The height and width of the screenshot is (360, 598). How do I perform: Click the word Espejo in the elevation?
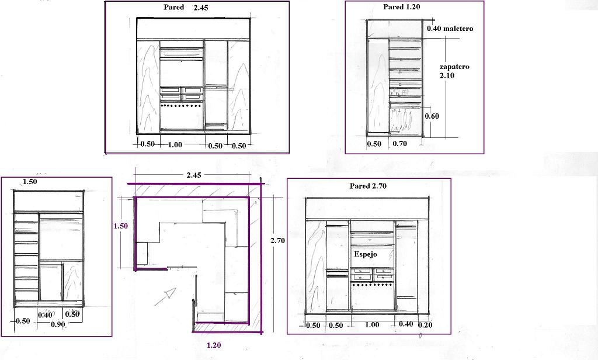coord(366,255)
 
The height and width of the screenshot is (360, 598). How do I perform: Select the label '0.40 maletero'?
coord(449,28)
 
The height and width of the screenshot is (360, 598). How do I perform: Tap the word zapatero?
coord(454,67)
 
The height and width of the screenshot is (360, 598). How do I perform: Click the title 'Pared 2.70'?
coord(368,186)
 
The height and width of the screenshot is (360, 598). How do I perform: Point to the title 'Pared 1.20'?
coord(401,7)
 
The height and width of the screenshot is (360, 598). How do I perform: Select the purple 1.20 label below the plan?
coord(213,345)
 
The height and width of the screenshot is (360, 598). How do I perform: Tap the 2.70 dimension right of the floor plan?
coord(277,240)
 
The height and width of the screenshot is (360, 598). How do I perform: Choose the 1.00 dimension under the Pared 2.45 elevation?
coord(175,145)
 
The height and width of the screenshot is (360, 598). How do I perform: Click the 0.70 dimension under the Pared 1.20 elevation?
coord(399,144)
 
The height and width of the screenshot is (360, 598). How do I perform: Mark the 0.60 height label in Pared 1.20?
coord(432,116)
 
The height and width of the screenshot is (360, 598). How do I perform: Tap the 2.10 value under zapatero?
coord(447,76)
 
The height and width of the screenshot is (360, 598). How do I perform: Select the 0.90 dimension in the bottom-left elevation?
coord(58,325)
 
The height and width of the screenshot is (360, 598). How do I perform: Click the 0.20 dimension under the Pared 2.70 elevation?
coord(425,325)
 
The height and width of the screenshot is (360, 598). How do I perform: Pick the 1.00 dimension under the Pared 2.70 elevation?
coord(371,325)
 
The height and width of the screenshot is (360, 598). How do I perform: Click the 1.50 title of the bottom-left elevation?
coord(30,182)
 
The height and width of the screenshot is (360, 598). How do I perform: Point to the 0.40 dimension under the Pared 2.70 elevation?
coord(405,324)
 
